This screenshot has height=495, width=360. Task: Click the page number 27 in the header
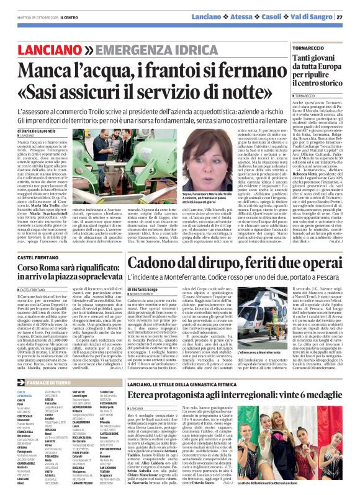click(x=340, y=17)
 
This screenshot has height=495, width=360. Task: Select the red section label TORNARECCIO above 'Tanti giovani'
click(x=308, y=46)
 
